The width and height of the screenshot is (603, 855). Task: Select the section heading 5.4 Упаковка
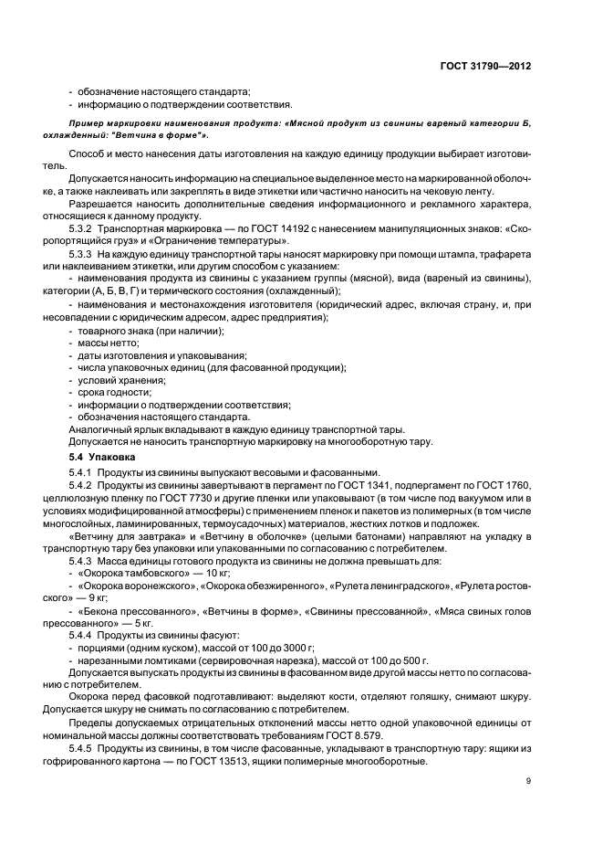(x=102, y=455)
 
